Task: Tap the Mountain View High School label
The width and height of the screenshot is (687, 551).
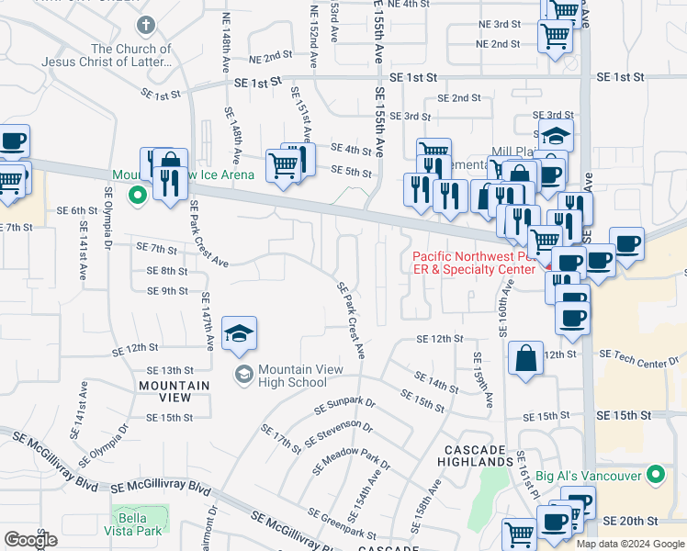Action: [x=300, y=376]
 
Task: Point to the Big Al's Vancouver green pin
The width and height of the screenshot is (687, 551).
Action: [x=655, y=475]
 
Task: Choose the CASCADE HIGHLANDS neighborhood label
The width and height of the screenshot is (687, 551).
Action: [x=476, y=455]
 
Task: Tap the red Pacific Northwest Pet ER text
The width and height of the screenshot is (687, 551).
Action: [x=473, y=264]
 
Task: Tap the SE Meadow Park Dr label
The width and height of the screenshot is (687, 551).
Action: [x=351, y=458]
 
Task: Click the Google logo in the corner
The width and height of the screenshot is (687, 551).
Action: [x=31, y=539]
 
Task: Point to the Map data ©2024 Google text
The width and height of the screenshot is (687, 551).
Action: [x=629, y=544]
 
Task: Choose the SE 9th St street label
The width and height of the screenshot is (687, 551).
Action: [x=167, y=291]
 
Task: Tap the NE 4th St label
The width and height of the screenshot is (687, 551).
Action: [x=409, y=5]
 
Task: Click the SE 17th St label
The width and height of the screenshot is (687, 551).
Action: [x=280, y=438]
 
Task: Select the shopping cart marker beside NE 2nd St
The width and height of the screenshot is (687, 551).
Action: [x=555, y=38]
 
